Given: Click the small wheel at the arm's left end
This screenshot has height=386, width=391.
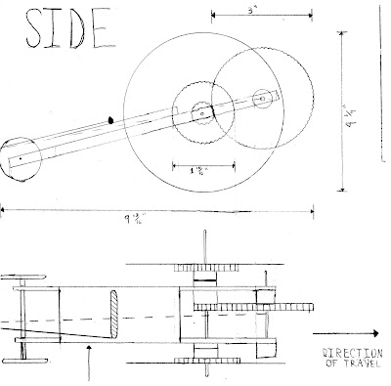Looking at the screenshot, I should [21, 156].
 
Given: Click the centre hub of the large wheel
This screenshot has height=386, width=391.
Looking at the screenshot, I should [201, 110].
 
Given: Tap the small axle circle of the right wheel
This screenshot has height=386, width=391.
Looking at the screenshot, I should [261, 97].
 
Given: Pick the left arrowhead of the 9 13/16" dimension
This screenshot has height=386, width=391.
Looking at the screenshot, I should [3, 208].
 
